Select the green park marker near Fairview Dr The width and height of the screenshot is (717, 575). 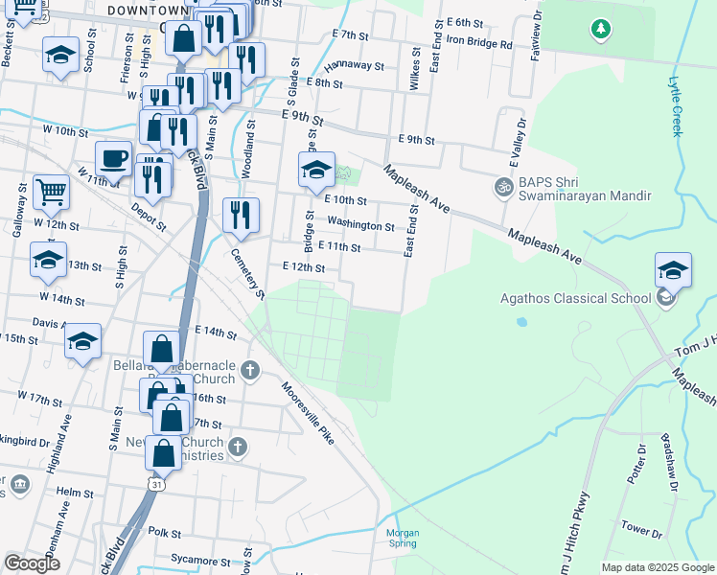[601, 31]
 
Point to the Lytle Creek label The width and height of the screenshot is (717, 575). [676, 106]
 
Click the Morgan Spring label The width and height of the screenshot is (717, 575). [403, 538]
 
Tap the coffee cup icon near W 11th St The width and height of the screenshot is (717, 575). [114, 158]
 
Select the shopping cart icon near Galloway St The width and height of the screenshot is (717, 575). [51, 191]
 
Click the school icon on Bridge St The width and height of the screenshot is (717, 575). [316, 170]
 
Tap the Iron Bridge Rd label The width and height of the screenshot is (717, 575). [479, 44]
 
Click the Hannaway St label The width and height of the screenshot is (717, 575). [354, 67]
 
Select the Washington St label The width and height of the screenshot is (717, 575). [360, 226]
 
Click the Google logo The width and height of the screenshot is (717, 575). [33, 563]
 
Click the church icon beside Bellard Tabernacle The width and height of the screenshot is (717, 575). [250, 370]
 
